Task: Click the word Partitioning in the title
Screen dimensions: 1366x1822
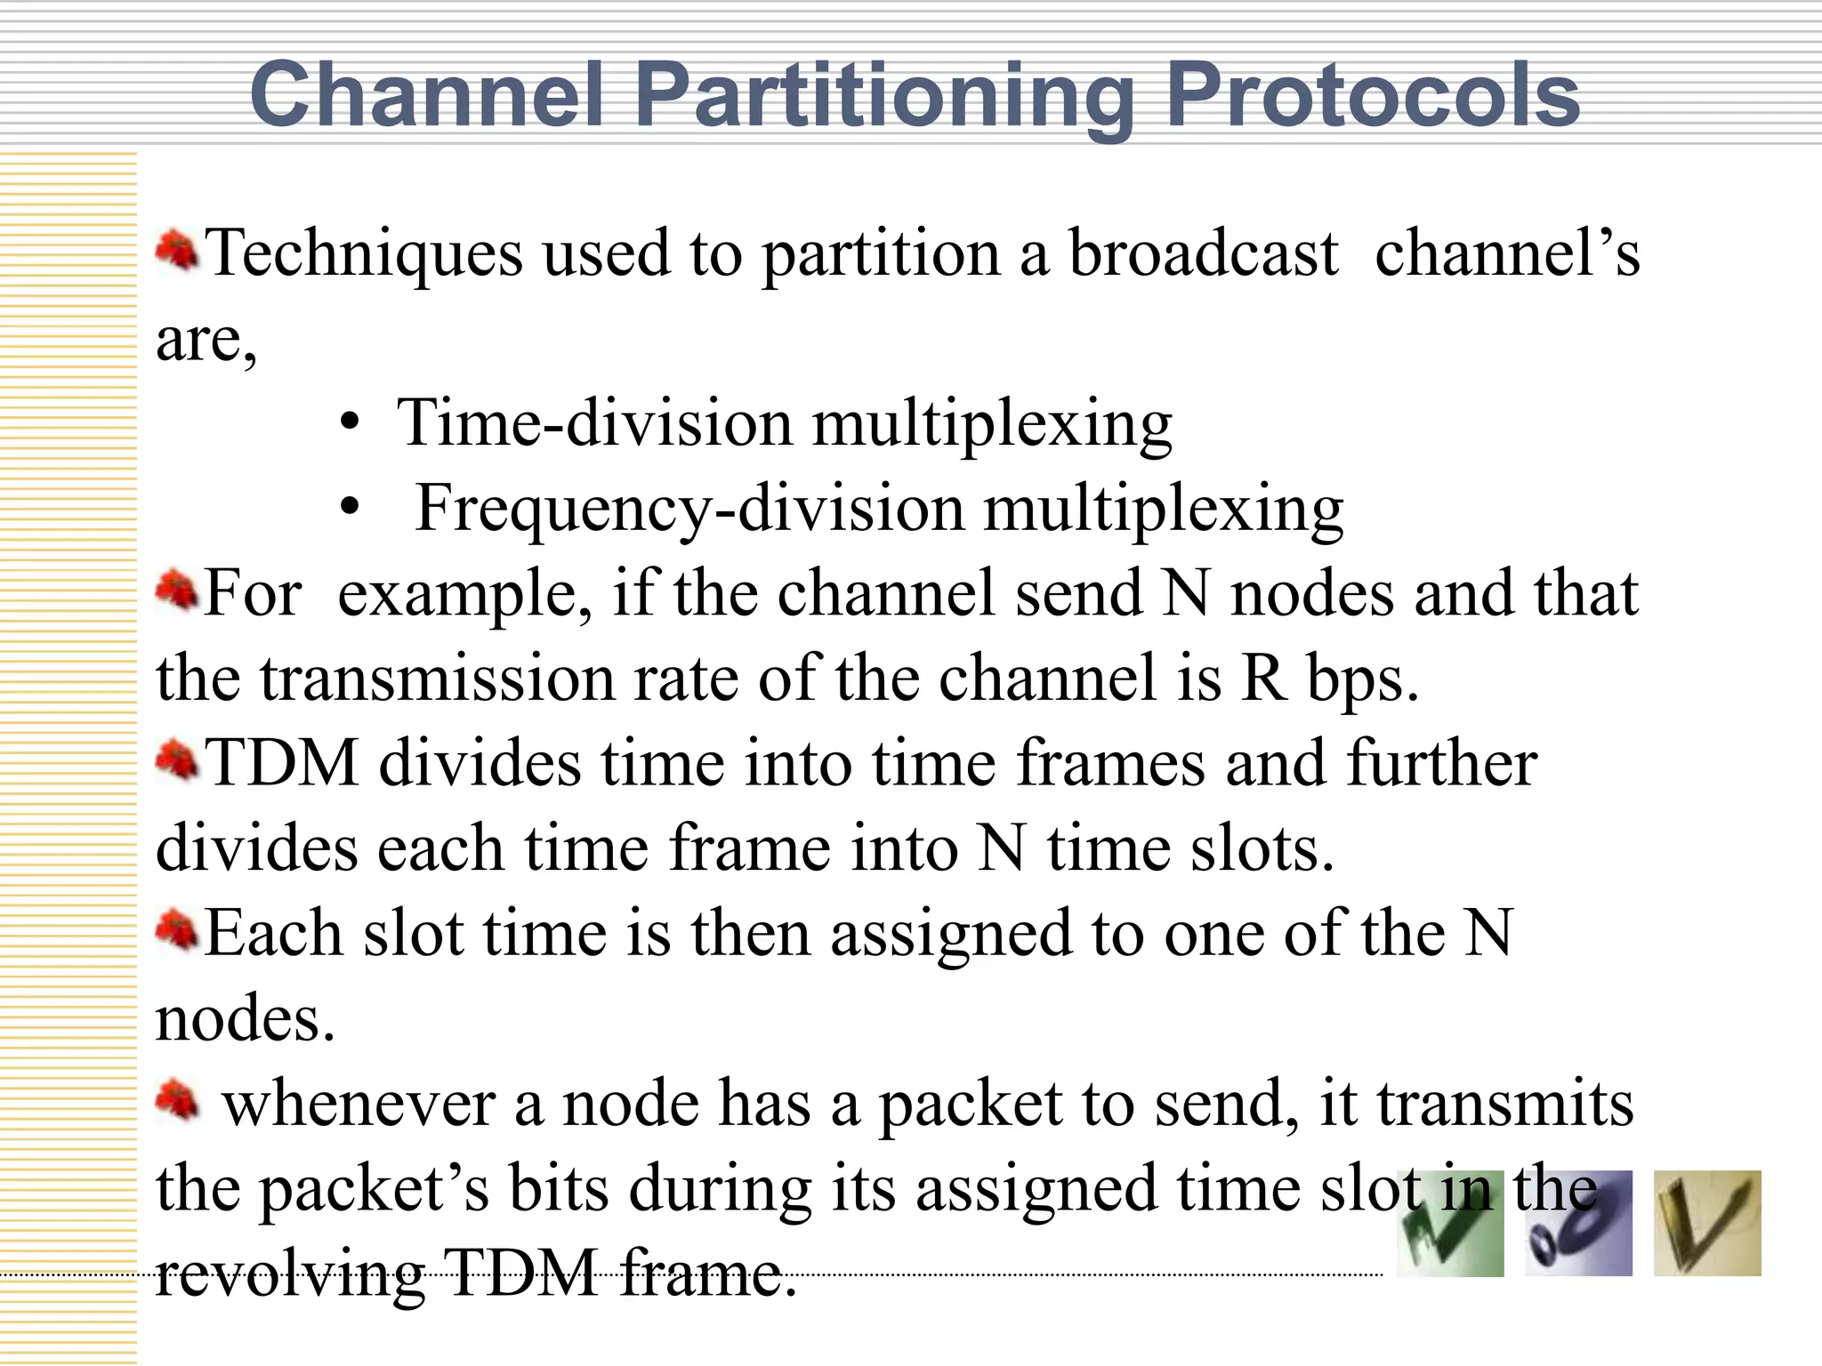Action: point(884,96)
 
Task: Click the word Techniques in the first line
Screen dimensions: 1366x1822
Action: point(365,253)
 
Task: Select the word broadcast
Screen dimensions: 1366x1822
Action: point(1203,253)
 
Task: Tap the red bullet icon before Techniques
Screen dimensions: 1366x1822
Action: point(176,250)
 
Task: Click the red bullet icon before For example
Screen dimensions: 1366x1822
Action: point(176,591)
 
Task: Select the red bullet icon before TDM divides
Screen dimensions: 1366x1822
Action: point(176,760)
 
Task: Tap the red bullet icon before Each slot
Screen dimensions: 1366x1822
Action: point(176,930)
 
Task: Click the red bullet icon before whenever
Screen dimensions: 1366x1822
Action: point(176,1101)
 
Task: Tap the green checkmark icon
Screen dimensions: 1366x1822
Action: point(1450,1225)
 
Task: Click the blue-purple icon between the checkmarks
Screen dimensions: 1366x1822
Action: point(1578,1225)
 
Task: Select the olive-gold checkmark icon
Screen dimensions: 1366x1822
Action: point(1706,1225)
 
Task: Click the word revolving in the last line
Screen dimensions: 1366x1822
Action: point(290,1274)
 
